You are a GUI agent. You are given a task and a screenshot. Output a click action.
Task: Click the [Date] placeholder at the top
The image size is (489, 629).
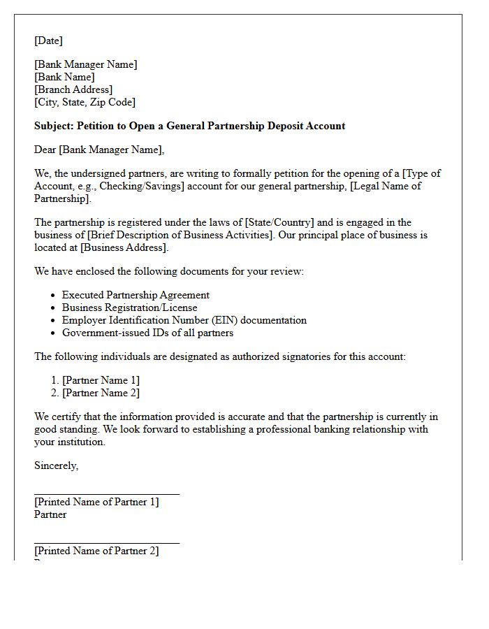48,41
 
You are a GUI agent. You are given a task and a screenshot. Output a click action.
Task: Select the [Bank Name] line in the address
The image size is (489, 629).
64,77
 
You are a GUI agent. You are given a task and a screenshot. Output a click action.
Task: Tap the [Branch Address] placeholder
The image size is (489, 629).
73,89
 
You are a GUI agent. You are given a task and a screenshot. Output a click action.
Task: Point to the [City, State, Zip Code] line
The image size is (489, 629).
85,102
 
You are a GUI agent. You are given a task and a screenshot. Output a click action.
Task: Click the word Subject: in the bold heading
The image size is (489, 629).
54,126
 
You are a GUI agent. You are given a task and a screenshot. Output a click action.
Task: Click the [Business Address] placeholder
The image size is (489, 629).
124,247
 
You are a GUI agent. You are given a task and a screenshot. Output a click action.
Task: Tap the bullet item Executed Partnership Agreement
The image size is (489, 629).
136,295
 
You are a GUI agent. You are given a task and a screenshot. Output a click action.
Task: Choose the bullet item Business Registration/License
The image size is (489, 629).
129,308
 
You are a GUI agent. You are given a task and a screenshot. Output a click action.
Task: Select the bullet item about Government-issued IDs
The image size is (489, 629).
147,333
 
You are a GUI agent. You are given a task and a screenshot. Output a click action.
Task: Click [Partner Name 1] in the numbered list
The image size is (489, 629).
101,380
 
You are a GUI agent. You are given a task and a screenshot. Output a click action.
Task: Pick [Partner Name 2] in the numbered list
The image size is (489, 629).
101,393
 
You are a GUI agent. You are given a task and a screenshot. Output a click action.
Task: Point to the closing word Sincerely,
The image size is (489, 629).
56,465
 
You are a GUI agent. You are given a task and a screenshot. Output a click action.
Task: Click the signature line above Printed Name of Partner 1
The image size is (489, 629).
106,494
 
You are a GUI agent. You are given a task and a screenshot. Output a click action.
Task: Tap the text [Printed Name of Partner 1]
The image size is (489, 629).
96,502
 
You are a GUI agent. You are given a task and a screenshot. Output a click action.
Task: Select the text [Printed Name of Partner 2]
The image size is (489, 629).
96,551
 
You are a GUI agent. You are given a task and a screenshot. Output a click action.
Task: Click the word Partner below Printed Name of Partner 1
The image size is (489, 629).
50,514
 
